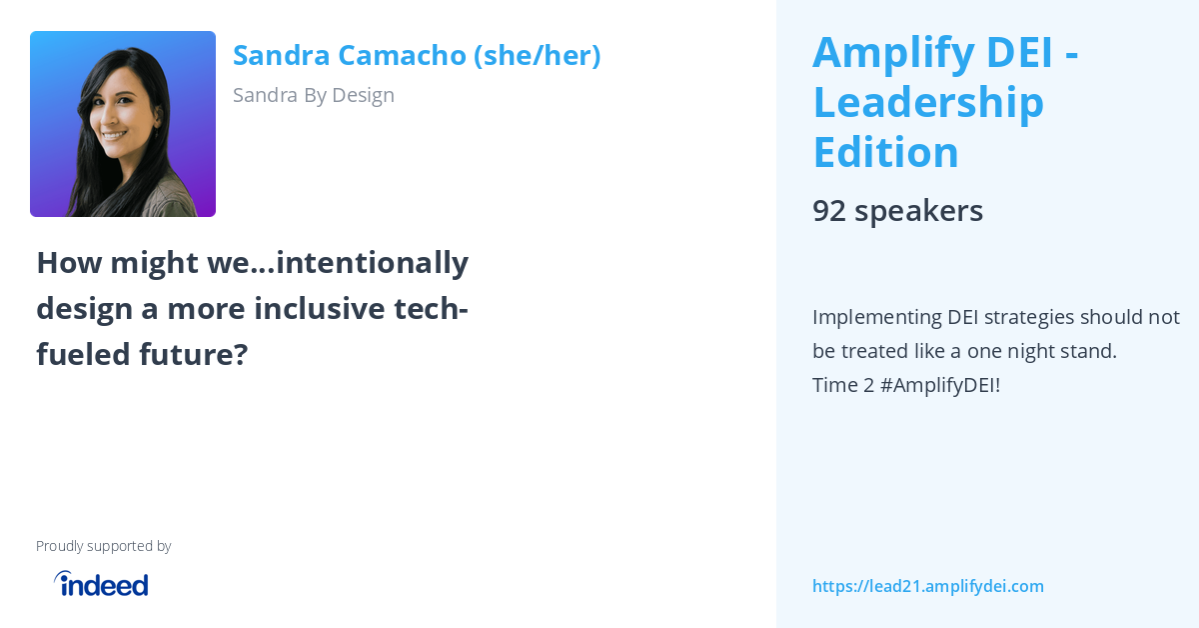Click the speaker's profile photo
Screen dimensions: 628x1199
[123, 124]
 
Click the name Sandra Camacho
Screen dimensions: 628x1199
[349, 55]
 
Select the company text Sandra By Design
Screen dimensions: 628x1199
[313, 95]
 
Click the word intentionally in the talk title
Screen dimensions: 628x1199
[372, 263]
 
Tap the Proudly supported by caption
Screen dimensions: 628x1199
[103, 546]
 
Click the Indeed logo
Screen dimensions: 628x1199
[101, 584]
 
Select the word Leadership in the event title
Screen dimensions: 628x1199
[928, 102]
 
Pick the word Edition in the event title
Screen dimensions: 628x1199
[885, 152]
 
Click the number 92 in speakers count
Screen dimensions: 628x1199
[829, 211]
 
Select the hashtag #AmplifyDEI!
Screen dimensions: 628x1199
[939, 385]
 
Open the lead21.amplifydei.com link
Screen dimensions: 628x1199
[927, 586]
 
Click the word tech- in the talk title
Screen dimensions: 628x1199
[432, 309]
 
